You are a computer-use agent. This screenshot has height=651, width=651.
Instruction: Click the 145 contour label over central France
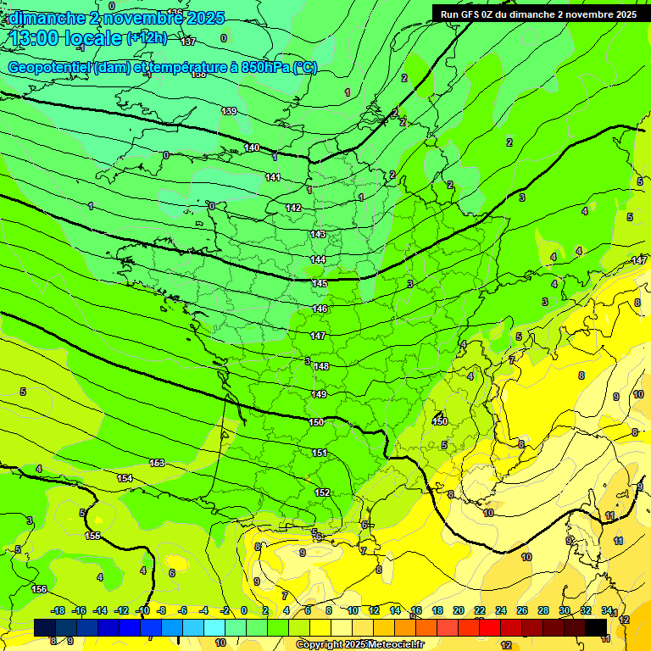320,283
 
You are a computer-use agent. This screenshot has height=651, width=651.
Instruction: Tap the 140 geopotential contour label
252,148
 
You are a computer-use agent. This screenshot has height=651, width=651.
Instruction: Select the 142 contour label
293,208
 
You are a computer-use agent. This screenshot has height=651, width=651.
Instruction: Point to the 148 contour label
320,366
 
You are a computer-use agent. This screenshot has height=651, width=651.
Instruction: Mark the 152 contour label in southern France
322,492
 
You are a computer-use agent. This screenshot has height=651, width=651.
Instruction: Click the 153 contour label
157,463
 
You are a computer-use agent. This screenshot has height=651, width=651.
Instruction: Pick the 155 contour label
93,536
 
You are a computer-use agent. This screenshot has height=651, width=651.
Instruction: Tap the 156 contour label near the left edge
39,589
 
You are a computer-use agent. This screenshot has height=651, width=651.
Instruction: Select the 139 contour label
229,111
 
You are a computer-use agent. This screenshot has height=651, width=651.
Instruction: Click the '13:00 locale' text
65,38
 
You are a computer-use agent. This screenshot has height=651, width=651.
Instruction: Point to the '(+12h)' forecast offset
147,38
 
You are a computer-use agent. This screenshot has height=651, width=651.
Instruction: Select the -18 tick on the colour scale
58,610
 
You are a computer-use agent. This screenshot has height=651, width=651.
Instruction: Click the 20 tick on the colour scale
459,610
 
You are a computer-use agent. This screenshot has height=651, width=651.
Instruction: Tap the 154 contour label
125,479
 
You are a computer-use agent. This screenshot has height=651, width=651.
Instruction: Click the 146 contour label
320,309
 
